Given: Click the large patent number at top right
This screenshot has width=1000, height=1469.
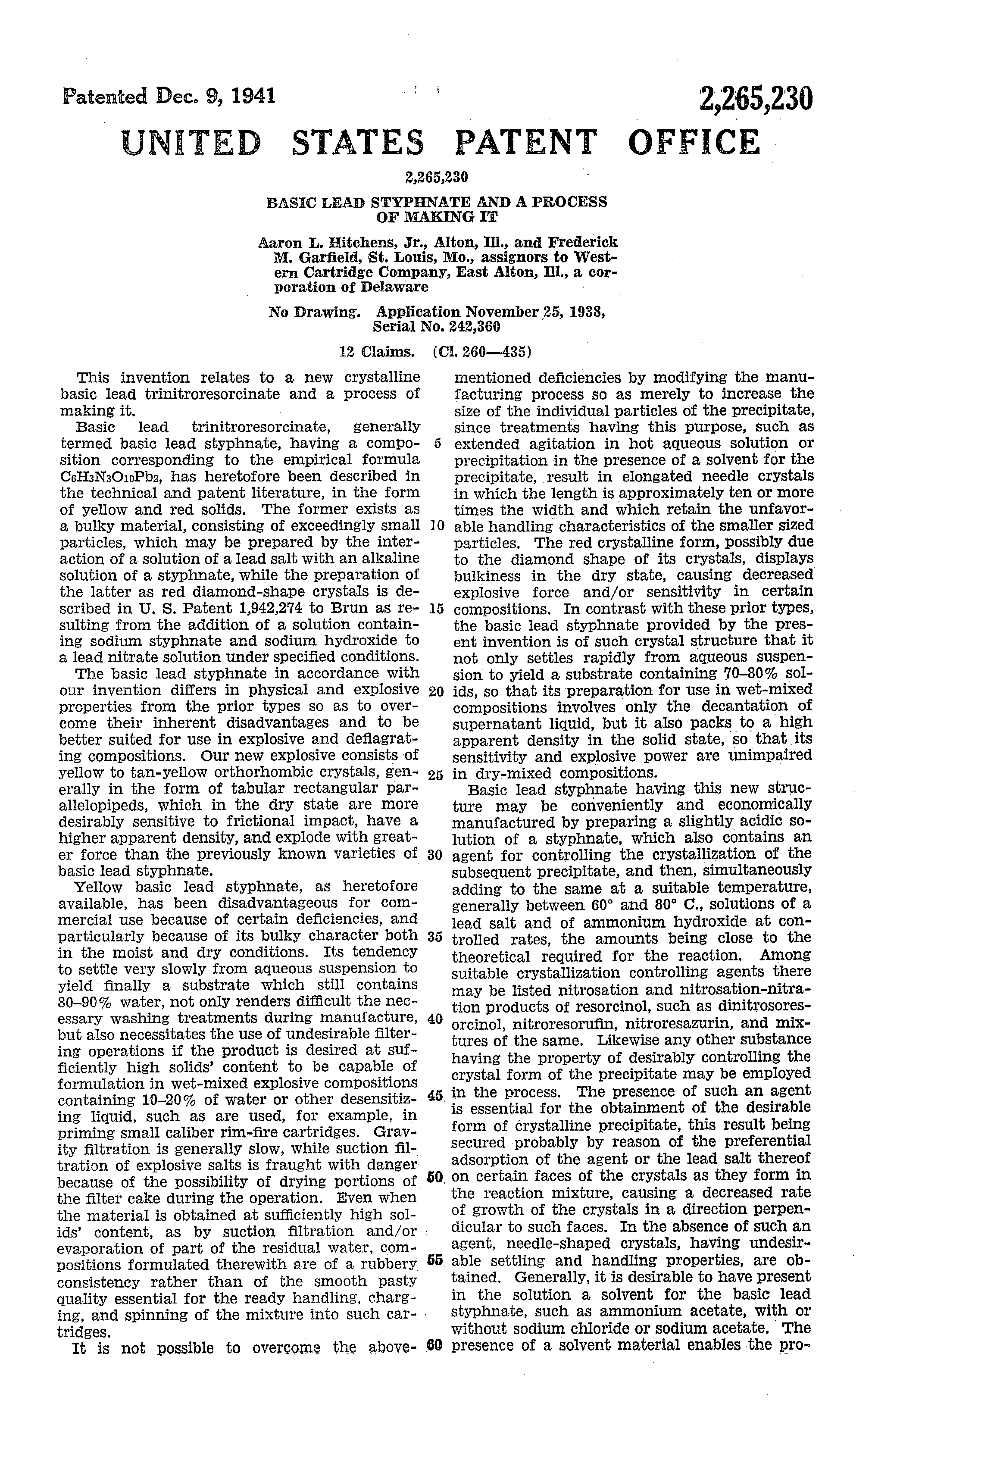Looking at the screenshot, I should pos(754,100).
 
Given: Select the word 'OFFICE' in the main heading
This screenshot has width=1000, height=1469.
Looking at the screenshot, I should pos(694,142).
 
